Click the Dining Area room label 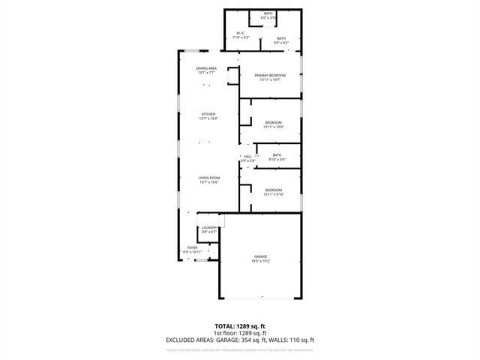pyautogui.click(x=207, y=68)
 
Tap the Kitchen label pyautogui.click(x=208, y=114)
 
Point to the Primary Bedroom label pyautogui.click(x=270, y=75)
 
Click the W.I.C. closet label pyautogui.click(x=241, y=33)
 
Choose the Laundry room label pyautogui.click(x=209, y=227)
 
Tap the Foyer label pyautogui.click(x=193, y=247)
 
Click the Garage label pyautogui.click(x=260, y=256)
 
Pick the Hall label pyautogui.click(x=247, y=156)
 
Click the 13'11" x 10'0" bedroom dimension pyautogui.click(x=273, y=127)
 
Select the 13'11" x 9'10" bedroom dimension pyautogui.click(x=273, y=194)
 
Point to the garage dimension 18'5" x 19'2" pyautogui.click(x=260, y=261)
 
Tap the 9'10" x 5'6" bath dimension pyautogui.click(x=277, y=160)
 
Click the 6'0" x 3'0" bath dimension pyautogui.click(x=268, y=17)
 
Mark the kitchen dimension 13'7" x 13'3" pyautogui.click(x=208, y=118)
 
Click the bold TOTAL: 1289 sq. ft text pyautogui.click(x=240, y=327)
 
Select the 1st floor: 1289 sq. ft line pyautogui.click(x=240, y=334)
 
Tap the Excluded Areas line pyautogui.click(x=240, y=340)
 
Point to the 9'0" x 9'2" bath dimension pyautogui.click(x=280, y=43)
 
